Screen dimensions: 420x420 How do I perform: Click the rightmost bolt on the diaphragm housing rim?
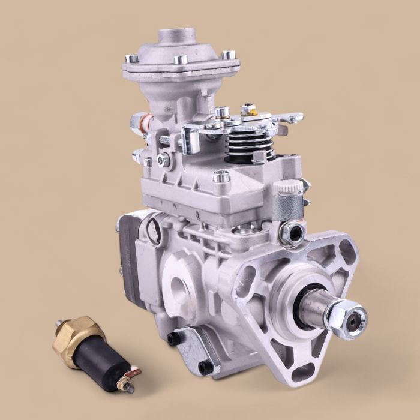click(228, 55)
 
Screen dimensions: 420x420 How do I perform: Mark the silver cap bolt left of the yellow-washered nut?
click(222, 112)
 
